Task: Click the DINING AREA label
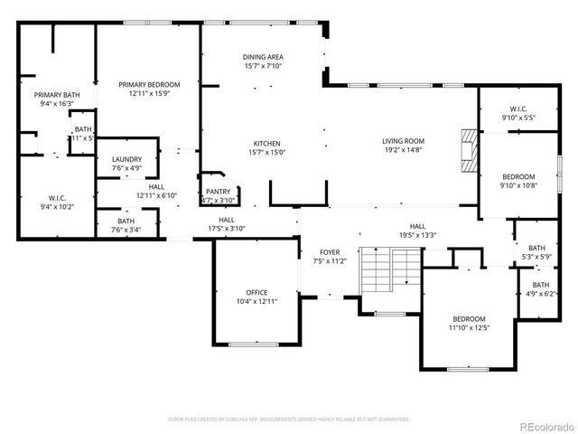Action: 263,57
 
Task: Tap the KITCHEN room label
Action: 266,144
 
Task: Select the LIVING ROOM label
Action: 403,140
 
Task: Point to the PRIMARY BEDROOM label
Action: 150,84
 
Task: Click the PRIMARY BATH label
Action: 57,95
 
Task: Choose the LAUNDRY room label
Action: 126,159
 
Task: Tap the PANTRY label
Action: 218,191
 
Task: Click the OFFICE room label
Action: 257,292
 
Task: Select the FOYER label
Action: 330,252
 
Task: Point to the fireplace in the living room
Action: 467,149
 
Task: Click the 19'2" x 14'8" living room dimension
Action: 403,149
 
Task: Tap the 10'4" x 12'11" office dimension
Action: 257,301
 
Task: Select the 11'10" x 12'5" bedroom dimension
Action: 469,327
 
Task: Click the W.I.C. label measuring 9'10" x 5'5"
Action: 518,109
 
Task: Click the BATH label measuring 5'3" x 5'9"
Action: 536,249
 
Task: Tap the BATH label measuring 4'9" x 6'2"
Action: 540,285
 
